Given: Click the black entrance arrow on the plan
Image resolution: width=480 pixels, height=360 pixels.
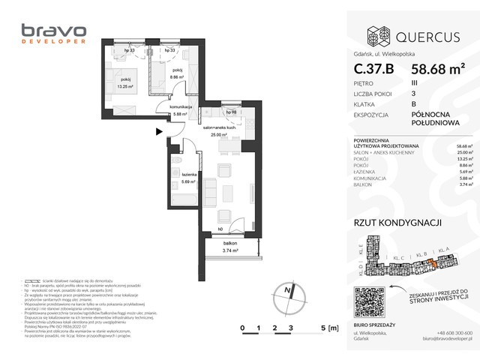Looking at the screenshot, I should click(159, 131).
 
